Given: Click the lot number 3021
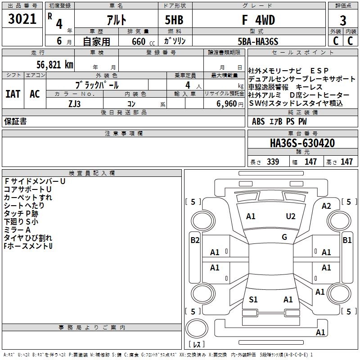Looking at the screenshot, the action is (x=22, y=19).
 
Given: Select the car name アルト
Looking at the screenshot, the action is (x=116, y=20).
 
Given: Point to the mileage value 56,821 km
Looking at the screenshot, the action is (x=49, y=64).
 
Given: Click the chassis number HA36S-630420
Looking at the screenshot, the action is (x=302, y=144).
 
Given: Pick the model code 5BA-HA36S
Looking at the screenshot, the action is (x=258, y=41).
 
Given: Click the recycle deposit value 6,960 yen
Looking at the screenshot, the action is (x=230, y=104).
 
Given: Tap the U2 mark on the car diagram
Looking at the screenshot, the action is (x=291, y=216).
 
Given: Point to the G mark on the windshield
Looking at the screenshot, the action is (x=284, y=237).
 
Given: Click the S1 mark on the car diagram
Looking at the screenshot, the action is (x=253, y=300).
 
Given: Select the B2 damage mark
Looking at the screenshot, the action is (x=195, y=240).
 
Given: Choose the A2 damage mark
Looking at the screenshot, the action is (x=326, y=206).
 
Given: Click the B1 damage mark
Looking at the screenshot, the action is (x=347, y=240).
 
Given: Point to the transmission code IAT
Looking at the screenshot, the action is (x=13, y=94).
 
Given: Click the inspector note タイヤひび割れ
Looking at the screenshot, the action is (x=28, y=238).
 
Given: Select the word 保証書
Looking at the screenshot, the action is (x=15, y=121).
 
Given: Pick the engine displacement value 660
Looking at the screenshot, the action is (x=139, y=41).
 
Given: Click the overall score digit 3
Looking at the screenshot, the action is (x=343, y=20).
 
